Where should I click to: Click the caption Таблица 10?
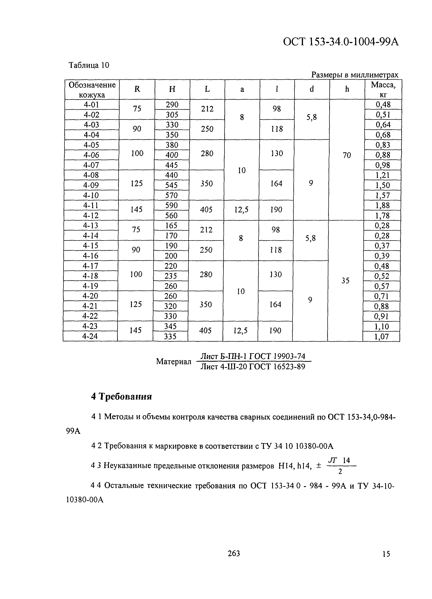pos(89,65)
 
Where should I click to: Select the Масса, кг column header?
pos(383,89)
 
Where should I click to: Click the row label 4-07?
pos(91,165)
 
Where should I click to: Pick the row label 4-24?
pos(90,336)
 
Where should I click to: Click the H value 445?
pos(171,165)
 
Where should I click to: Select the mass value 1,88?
pos(382,205)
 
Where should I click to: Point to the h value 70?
pos(347,156)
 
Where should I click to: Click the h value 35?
pos(345,280)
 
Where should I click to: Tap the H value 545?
pos(171,185)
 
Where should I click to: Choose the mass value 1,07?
pos(381,337)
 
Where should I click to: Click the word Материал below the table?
pos(174,361)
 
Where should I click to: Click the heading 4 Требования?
pos(121,396)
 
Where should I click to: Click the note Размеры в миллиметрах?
pos(354,75)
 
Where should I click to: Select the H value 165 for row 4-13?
pos(171,226)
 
